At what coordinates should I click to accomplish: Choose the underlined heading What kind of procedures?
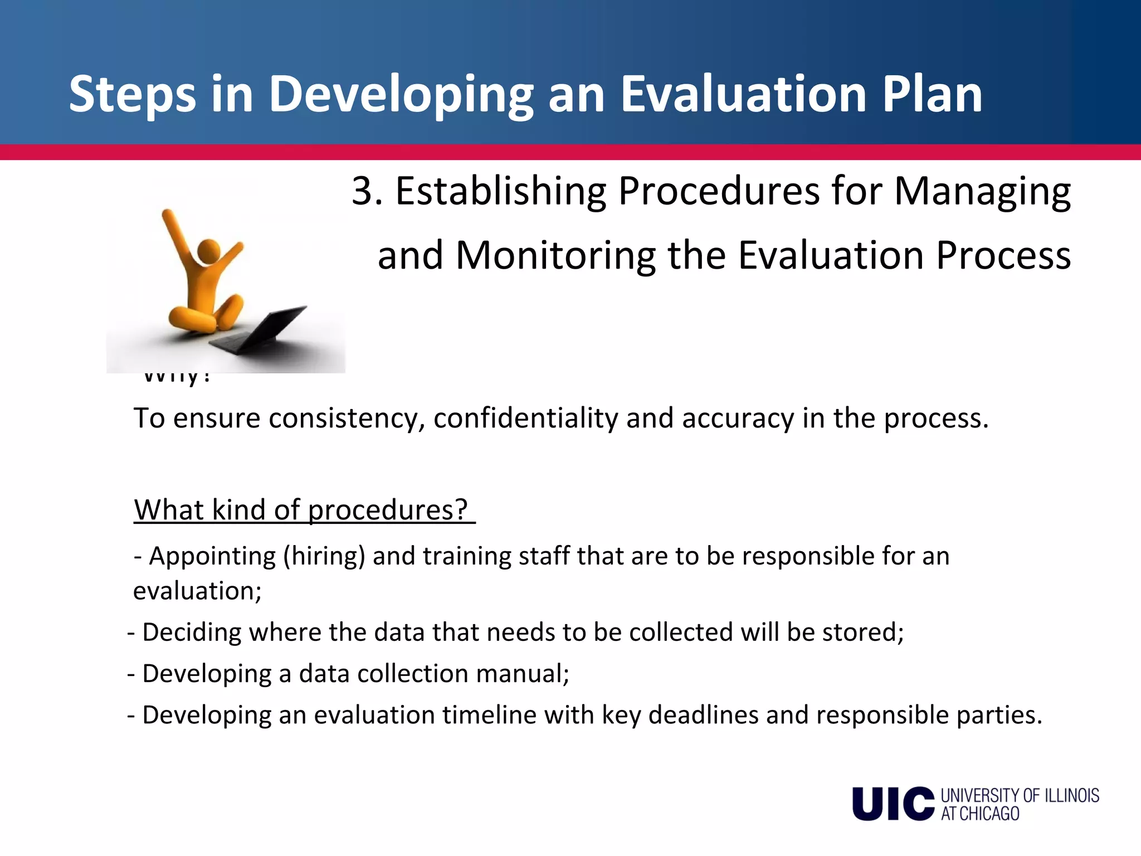pos(304,509)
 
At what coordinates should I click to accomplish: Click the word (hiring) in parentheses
pos(324,557)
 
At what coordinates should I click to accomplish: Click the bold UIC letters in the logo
pos(893,804)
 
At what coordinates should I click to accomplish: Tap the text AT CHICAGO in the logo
pos(980,814)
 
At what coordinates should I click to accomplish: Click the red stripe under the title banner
pos(570,152)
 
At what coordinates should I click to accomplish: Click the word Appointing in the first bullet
pos(212,557)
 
